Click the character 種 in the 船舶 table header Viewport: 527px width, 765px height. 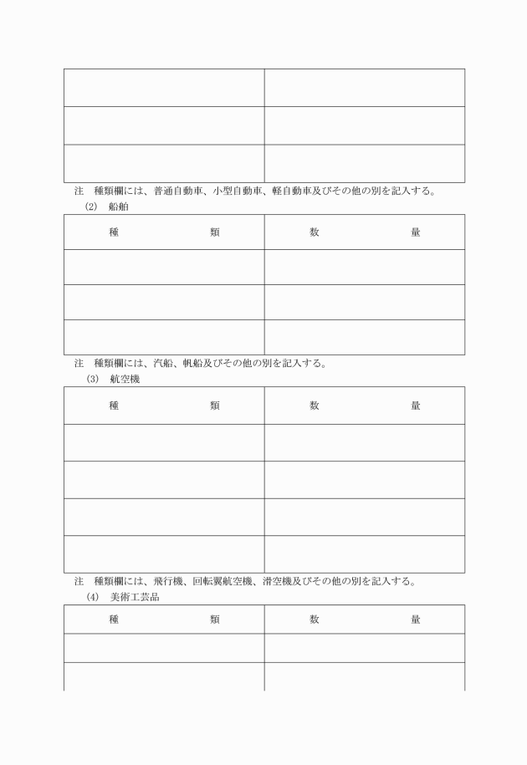[x=114, y=232]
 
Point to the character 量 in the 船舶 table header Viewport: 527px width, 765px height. [x=415, y=232]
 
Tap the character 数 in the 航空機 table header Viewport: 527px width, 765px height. [x=315, y=405]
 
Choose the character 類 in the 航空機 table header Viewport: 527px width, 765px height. [x=215, y=405]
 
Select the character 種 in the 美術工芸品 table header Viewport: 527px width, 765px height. [x=114, y=620]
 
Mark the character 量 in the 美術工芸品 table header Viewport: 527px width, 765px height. [x=415, y=620]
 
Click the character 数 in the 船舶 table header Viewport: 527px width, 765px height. [x=315, y=232]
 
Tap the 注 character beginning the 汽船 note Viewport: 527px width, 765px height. [x=79, y=364]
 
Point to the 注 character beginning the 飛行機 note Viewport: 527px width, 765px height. [x=79, y=581]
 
